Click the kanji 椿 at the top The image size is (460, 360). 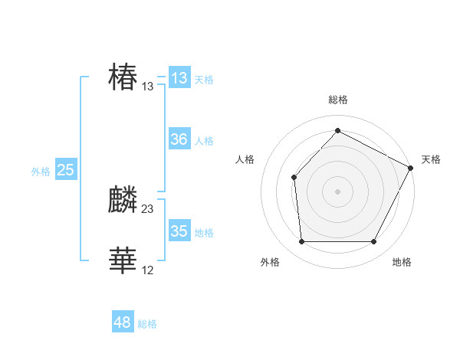point(123,77)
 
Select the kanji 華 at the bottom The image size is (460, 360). point(123,261)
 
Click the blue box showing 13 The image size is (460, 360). point(179,78)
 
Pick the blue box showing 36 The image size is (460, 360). point(179,139)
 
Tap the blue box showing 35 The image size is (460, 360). point(179,231)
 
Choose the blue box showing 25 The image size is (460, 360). point(65,170)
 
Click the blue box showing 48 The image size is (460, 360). point(122,322)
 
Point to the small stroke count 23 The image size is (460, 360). point(147,208)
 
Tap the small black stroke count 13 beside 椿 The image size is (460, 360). point(147,87)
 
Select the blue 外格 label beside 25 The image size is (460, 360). point(41,172)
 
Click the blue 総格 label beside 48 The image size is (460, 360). point(147,324)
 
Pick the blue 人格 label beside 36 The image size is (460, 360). point(204,141)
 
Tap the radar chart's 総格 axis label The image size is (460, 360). point(337,100)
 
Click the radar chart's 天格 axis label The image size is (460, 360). point(431,159)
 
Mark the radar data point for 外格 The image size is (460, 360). point(301,242)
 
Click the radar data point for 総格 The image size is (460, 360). point(337,130)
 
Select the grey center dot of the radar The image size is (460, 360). point(337,191)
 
